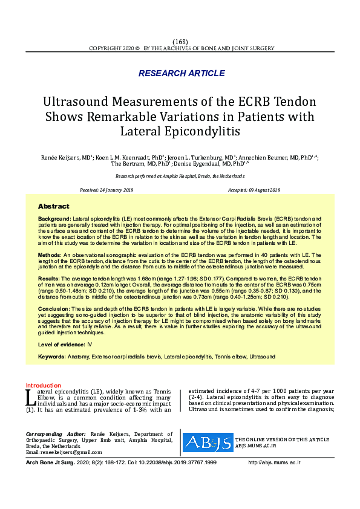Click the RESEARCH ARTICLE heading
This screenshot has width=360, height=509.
182,73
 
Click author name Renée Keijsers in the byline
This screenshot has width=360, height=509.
63,157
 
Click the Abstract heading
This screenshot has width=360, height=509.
53,206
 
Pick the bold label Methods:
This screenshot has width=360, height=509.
51,256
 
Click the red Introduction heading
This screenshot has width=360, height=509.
43,386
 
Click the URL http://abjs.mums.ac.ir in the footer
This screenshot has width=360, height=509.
274,462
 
